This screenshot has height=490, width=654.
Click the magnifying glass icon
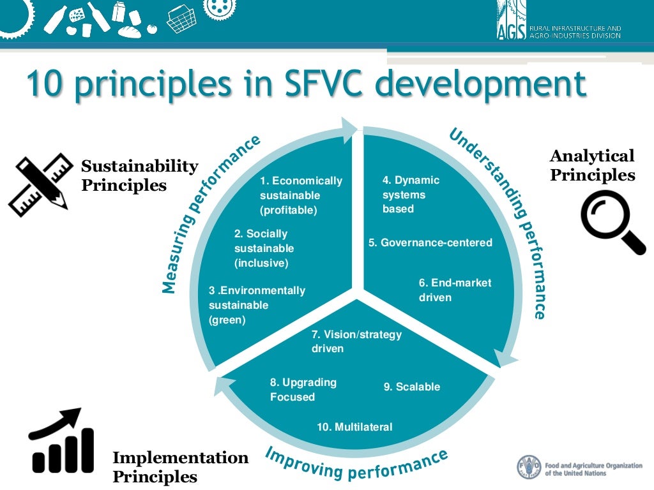612,221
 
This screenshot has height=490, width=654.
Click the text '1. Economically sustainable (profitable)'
301,195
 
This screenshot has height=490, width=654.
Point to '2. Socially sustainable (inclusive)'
264,248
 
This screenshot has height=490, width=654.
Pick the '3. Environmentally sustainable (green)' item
257,305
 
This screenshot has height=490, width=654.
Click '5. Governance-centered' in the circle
430,242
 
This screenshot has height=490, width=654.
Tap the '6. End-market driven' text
455,290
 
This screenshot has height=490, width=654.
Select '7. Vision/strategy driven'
356,341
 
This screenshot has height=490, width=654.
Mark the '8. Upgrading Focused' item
303,390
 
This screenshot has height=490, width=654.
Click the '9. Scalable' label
411,387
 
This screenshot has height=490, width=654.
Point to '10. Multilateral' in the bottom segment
354,427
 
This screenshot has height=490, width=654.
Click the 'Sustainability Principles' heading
139,175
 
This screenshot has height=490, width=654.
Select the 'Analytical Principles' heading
592,165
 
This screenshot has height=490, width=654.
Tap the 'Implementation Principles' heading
180,467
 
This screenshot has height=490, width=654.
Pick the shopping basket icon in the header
181,19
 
